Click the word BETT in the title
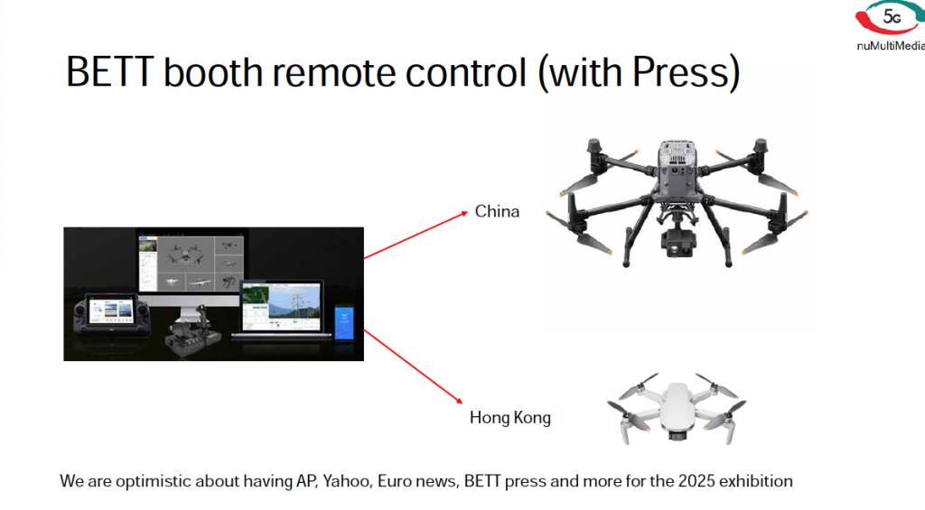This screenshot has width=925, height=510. click(109, 72)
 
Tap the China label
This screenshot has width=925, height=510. click(497, 211)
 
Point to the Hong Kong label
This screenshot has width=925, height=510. click(510, 417)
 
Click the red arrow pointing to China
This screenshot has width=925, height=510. click(416, 235)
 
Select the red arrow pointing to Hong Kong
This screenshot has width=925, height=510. click(414, 366)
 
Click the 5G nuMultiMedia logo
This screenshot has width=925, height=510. click(891, 26)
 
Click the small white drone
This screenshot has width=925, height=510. click(677, 407)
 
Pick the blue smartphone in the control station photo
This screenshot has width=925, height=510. click(344, 322)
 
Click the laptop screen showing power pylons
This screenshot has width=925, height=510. click(282, 307)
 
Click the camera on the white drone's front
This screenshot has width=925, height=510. click(677, 434)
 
